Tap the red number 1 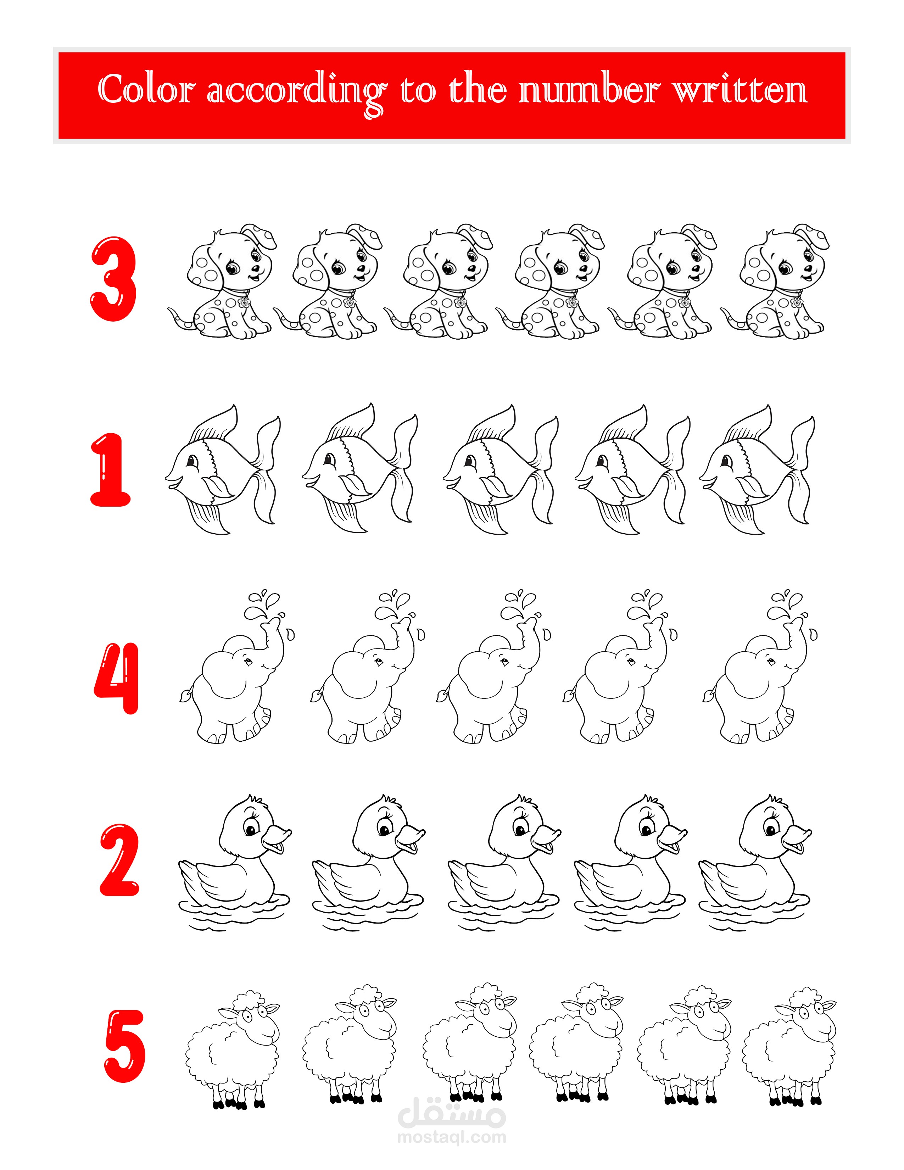(x=110, y=469)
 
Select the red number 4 (x=117, y=679)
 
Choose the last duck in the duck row (x=755, y=863)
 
